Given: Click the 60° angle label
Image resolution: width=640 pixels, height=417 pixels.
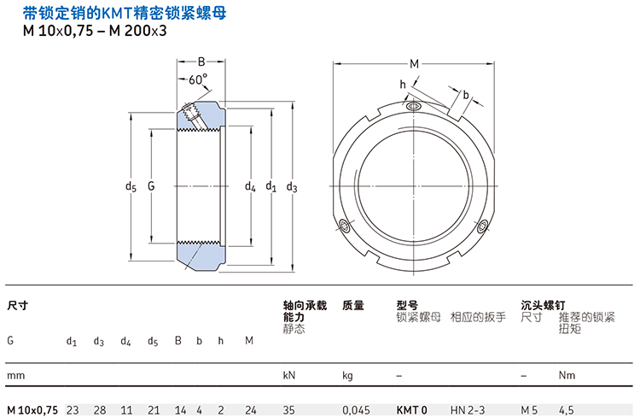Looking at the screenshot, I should click(x=198, y=79).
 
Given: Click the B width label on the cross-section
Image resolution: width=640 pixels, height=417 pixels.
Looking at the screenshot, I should click(x=202, y=62).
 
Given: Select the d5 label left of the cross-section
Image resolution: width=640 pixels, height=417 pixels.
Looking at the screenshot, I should click(x=131, y=185).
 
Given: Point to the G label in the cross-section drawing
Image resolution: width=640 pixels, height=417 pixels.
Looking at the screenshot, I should click(x=152, y=185).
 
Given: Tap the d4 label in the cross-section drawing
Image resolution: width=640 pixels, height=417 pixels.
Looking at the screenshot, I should click(x=250, y=185).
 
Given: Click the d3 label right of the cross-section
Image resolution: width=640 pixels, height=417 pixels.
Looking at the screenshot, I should click(x=292, y=185).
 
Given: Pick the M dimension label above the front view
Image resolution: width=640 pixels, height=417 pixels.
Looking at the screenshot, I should click(x=415, y=63).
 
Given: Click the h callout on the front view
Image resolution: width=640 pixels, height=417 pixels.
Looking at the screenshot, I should click(x=403, y=84).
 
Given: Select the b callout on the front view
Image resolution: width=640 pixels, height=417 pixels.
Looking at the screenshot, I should click(x=466, y=95).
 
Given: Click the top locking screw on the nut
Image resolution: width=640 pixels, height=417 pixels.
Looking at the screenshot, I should click(x=414, y=107).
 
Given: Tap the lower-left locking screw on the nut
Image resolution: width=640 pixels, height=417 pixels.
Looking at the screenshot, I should click(x=346, y=226).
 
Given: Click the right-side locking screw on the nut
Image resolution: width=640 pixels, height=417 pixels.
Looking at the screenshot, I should click(x=483, y=226).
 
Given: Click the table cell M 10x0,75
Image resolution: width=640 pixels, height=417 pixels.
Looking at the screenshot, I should click(x=32, y=410).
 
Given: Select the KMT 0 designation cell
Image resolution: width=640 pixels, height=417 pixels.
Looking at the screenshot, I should click(x=412, y=410).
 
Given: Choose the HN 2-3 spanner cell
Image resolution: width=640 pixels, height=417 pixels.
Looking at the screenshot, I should click(x=467, y=410).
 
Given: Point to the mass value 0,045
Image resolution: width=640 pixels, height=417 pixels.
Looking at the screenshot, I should click(x=356, y=410).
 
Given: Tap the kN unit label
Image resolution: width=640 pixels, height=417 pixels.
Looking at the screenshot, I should click(x=288, y=375).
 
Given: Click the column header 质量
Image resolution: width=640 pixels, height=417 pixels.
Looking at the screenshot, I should click(x=353, y=305).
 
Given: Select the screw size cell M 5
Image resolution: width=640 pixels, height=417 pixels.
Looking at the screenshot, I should click(x=529, y=410).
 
